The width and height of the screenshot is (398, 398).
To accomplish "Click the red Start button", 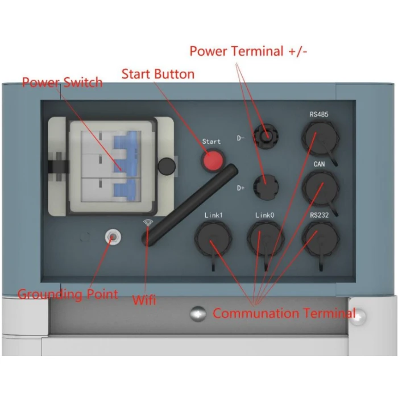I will (x=213, y=161).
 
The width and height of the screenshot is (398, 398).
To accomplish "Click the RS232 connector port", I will (x=318, y=236).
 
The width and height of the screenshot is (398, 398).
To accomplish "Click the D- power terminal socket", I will (x=264, y=136).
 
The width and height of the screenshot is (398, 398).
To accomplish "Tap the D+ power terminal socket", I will (x=264, y=186).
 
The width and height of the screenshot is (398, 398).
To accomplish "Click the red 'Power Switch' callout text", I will (x=62, y=83).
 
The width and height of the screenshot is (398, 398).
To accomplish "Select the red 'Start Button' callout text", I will (x=158, y=74).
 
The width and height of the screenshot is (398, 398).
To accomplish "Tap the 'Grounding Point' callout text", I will (x=68, y=295).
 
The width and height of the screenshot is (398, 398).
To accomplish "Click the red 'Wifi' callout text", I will (x=144, y=300).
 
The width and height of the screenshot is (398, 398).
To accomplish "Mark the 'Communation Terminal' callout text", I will (x=284, y=313).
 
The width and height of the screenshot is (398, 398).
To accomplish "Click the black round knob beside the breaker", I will (x=166, y=166).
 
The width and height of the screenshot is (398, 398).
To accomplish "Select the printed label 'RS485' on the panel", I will (x=318, y=115).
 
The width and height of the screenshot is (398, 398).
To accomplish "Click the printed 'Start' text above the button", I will (x=212, y=142).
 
